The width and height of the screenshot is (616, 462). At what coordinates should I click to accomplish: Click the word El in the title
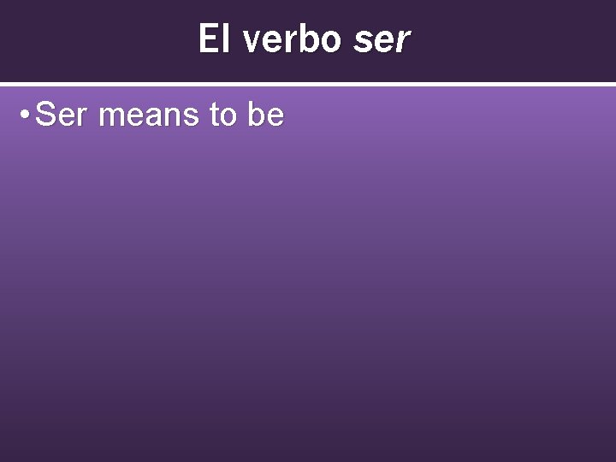tap(214, 39)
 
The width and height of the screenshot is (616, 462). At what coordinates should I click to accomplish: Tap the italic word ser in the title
tap(382, 39)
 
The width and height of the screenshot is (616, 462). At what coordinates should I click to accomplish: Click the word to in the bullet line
tap(222, 115)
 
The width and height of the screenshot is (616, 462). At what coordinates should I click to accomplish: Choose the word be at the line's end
tap(265, 115)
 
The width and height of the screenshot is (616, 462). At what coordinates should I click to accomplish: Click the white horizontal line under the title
tap(308, 84)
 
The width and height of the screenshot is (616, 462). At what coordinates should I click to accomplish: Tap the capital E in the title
tap(207, 39)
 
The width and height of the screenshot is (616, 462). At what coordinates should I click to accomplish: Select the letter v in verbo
tap(252, 41)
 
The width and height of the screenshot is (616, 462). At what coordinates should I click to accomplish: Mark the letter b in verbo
tap(309, 39)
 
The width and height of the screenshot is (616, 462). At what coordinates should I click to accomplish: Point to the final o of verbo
tap(331, 41)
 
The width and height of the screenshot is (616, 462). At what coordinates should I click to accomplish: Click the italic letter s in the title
tap(361, 41)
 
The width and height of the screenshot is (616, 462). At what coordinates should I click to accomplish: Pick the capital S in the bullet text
tap(47, 115)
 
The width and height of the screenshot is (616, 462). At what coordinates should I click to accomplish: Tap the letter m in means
tap(111, 116)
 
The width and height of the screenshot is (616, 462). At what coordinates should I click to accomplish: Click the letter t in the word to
tap(215, 115)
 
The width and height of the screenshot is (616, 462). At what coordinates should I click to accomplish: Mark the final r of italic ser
tap(402, 41)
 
